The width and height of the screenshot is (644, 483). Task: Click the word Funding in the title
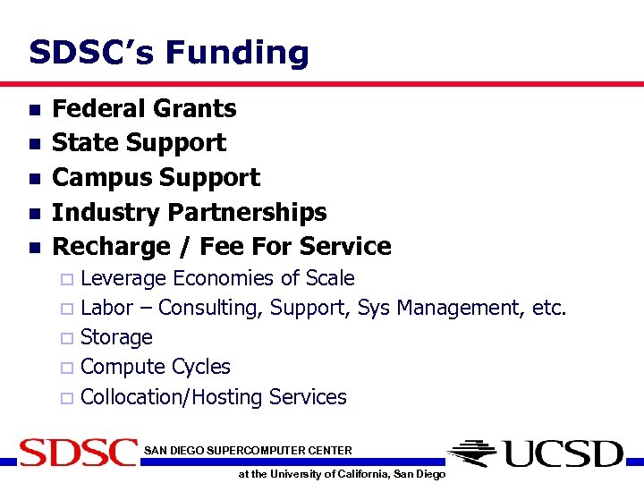(237, 53)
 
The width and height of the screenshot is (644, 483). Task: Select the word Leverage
(123, 278)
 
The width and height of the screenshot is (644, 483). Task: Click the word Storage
(116, 337)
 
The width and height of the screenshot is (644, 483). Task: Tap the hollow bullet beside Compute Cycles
(66, 368)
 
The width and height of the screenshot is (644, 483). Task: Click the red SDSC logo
(78, 453)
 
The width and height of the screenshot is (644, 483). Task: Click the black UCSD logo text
(562, 453)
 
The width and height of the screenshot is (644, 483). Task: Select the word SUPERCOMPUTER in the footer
(252, 450)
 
